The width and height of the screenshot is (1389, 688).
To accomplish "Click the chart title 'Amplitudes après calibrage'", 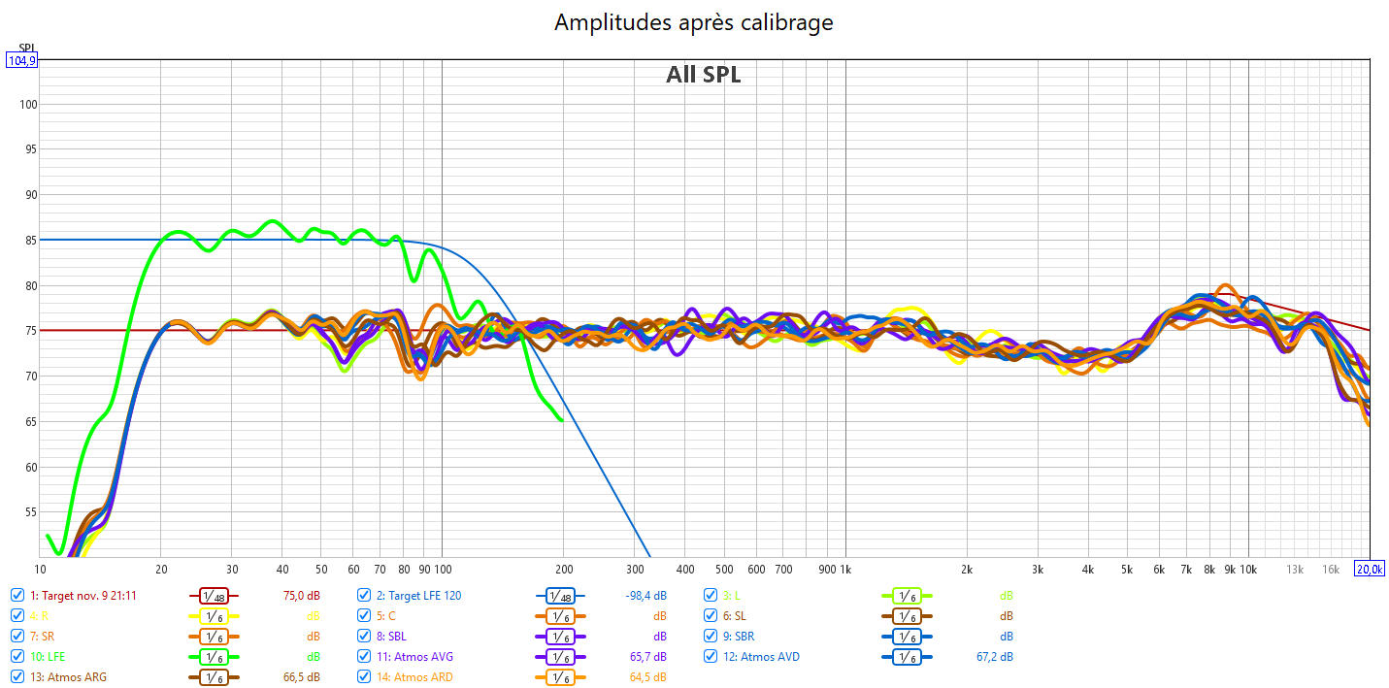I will click(693, 21).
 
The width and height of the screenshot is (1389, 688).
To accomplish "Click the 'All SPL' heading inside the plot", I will click(703, 75).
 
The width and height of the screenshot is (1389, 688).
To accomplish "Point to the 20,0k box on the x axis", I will click(1369, 569).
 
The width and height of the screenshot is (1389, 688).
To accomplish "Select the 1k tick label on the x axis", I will click(845, 569).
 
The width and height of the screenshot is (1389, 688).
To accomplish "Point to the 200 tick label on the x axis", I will click(564, 569).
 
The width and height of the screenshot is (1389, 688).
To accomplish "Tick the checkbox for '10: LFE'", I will click(17, 657).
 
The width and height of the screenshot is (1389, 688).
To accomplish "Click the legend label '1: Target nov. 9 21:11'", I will click(83, 595).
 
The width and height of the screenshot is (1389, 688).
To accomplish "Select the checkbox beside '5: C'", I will click(364, 616).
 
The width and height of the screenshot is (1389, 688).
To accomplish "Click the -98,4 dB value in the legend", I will click(645, 595).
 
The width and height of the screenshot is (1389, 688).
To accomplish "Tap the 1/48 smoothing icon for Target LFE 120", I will click(559, 595).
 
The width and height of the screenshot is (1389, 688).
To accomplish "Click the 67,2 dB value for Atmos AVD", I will click(993, 657).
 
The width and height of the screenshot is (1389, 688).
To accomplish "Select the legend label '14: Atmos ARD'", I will click(414, 677).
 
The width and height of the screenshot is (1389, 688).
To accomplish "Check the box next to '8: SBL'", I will click(364, 637).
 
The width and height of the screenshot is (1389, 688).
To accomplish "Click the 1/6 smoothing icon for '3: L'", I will click(906, 595).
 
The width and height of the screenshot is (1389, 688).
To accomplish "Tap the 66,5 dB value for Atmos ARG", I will click(301, 677).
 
